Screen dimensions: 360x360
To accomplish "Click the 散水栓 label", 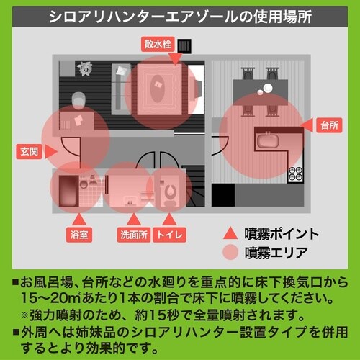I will click(x=157, y=45).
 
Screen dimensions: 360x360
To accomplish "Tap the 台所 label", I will click(x=329, y=125).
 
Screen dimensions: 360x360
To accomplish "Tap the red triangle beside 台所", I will click(x=307, y=125).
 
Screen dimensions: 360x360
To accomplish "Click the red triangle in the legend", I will click(x=230, y=234).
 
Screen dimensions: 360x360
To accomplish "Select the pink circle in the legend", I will click(x=230, y=252).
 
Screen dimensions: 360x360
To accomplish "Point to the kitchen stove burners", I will click(x=295, y=173).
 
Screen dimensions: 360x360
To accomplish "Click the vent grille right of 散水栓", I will click(x=186, y=47).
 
